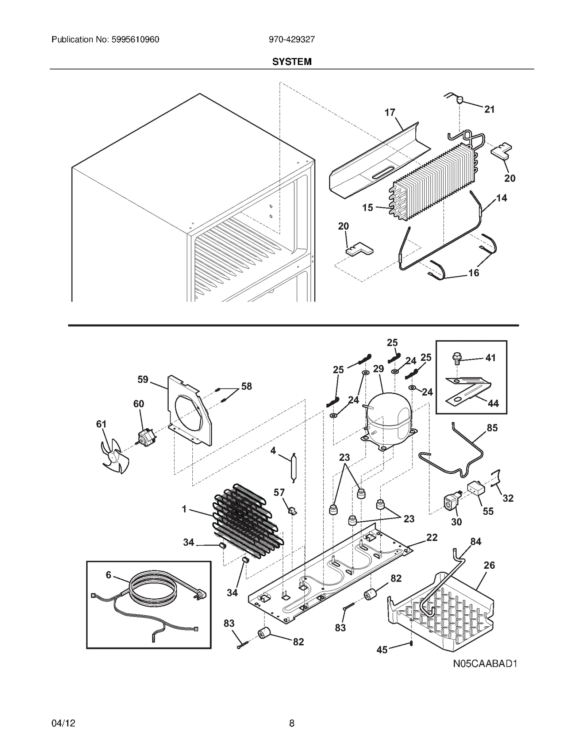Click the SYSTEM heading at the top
(292, 62)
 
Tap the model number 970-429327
(292, 39)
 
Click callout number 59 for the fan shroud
(143, 379)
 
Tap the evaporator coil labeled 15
(431, 183)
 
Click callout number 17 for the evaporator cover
(390, 112)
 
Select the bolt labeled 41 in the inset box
(456, 358)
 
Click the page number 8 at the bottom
(292, 723)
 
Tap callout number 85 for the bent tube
(492, 427)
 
